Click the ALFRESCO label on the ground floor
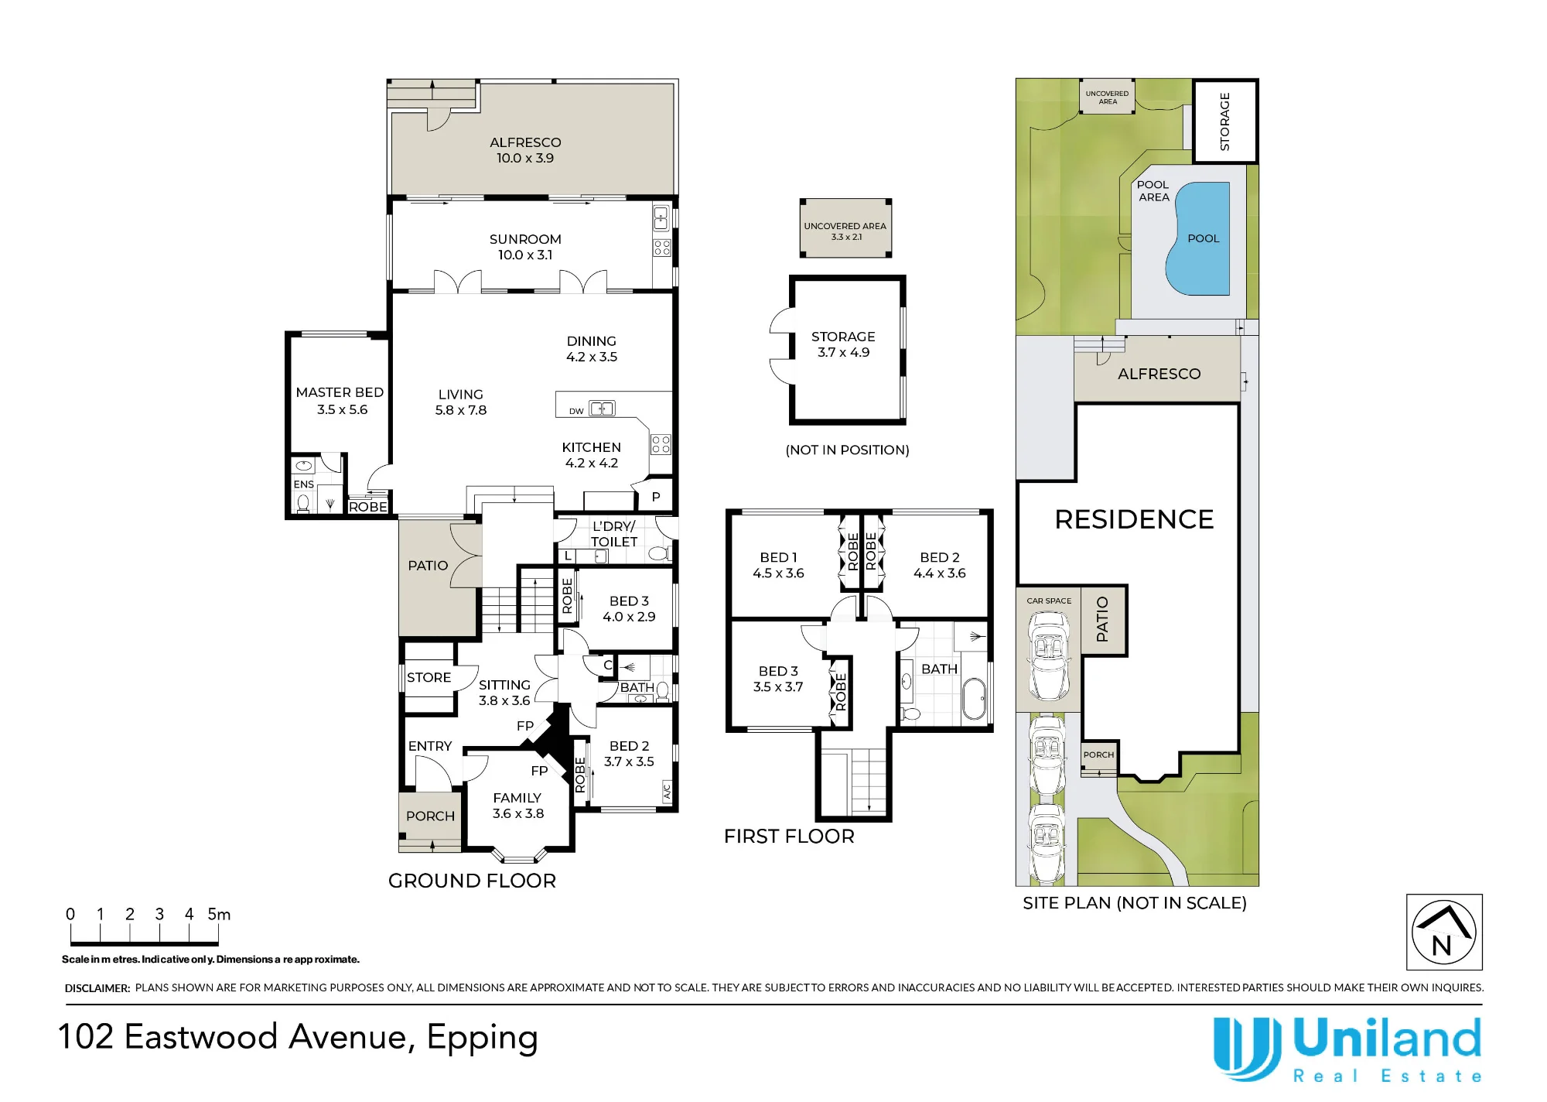pos(525,142)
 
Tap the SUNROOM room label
pos(525,239)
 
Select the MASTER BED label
pos(340,392)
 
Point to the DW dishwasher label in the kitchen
pos(576,411)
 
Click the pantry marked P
pos(656,497)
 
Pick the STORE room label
pos(429,677)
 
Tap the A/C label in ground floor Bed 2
pos(667,791)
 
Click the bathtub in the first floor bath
pos(973,700)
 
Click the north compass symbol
pos(1444,932)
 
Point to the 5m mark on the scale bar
pos(219,914)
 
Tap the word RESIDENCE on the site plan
pos(1134,519)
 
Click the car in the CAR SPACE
pos(1048,655)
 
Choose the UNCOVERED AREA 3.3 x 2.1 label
pos(845,231)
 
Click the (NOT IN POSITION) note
pos(847,450)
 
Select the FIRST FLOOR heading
pos(789,837)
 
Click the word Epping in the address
pos(482,1039)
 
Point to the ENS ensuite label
pos(303,484)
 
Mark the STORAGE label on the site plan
pos(1224,121)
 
